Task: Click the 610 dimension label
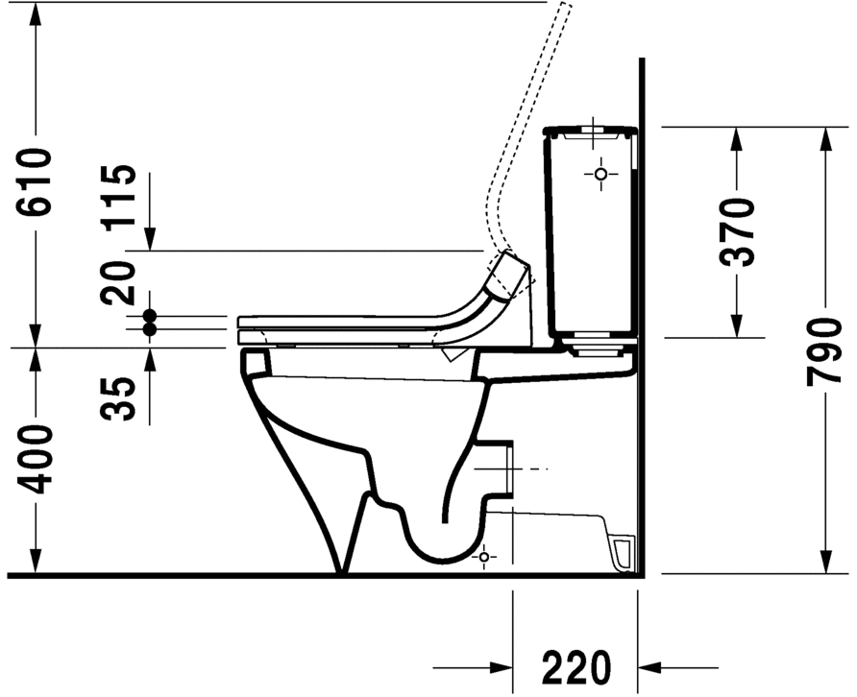pyautogui.click(x=36, y=182)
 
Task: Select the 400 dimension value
pyautogui.click(x=36, y=459)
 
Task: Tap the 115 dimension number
pyautogui.click(x=121, y=196)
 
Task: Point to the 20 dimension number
pyautogui.click(x=121, y=284)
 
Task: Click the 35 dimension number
pyautogui.click(x=121, y=398)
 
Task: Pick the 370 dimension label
pyautogui.click(x=737, y=231)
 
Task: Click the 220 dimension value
pyautogui.click(x=575, y=665)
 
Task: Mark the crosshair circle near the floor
pyautogui.click(x=484, y=556)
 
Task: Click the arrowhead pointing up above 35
pyautogui.click(x=150, y=358)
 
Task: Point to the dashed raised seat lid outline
pyautogui.click(x=528, y=115)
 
